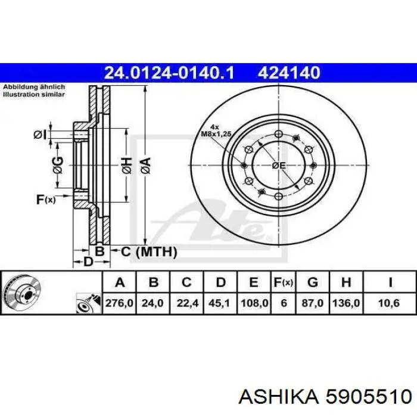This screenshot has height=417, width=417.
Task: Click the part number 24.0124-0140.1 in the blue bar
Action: click(169, 73)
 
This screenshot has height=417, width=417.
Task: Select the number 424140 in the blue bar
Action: click(289, 73)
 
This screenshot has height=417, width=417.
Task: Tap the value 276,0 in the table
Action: click(119, 303)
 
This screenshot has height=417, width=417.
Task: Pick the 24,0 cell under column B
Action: click(153, 303)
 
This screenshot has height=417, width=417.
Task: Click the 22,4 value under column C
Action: click(187, 303)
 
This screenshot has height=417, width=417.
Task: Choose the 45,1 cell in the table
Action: click(219, 303)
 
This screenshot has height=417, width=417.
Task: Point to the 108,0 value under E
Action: click(254, 303)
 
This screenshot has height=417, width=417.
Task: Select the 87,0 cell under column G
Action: click(313, 303)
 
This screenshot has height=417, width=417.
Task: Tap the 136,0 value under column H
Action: click(346, 303)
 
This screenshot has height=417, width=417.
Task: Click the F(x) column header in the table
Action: click(283, 282)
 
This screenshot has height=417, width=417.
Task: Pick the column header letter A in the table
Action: click(120, 282)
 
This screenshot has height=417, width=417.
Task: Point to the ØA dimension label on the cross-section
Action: click(145, 166)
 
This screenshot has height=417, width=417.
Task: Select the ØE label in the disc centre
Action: click(279, 166)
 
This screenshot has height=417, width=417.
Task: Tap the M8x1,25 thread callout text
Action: click(216, 134)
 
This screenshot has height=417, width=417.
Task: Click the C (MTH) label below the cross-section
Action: click(149, 251)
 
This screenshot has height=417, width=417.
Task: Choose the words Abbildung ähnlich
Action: click(34, 87)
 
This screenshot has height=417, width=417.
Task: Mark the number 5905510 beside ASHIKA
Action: click(369, 397)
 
